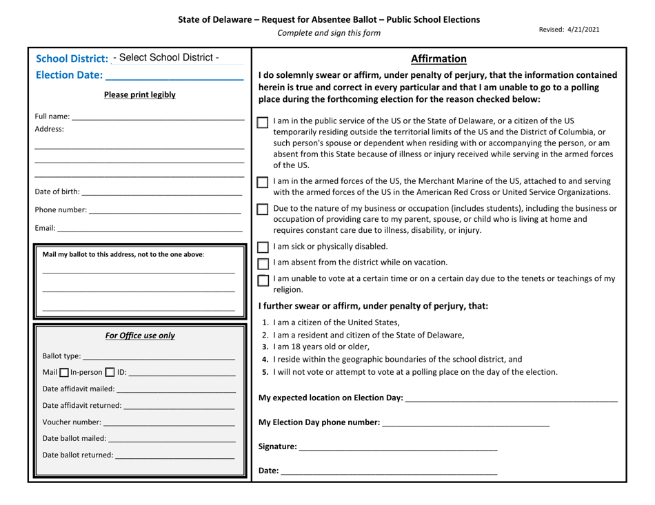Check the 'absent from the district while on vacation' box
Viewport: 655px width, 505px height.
pos(263,263)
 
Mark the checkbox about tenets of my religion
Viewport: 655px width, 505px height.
pos(263,280)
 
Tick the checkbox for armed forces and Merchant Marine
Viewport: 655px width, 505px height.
pos(263,183)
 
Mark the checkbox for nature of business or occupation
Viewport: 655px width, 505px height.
pos(263,209)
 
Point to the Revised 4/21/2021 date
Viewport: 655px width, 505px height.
pos(569,29)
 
